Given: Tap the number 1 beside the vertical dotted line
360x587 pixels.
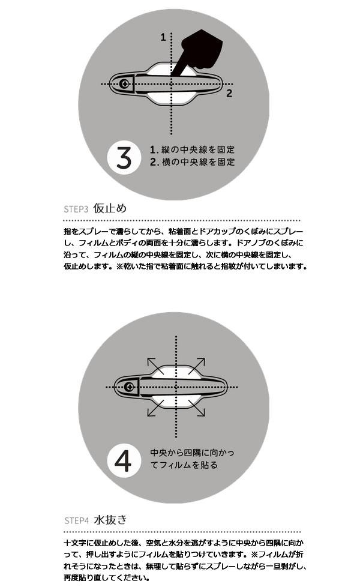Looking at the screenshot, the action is (163, 37).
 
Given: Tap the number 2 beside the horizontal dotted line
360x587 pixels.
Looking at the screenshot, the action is (229, 93).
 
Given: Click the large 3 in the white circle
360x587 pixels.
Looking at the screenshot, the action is (124, 157).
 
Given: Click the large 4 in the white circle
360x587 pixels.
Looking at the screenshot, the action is (123, 460).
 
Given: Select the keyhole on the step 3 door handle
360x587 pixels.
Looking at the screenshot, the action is (125, 83).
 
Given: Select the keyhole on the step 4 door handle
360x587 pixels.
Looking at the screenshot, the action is (130, 387).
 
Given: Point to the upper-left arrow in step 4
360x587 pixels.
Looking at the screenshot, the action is (155, 366).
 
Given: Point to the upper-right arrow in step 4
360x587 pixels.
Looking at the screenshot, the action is (197, 366).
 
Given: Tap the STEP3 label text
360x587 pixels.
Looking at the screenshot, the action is (76, 209).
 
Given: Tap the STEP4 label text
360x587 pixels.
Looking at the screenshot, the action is (76, 520).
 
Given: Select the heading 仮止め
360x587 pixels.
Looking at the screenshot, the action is (110, 208).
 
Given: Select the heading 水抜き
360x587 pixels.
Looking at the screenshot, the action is (110, 520).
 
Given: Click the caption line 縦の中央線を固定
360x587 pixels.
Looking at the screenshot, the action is (198, 149).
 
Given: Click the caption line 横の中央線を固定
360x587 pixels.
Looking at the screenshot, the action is (198, 162).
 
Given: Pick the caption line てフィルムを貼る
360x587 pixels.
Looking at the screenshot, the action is (184, 465).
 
